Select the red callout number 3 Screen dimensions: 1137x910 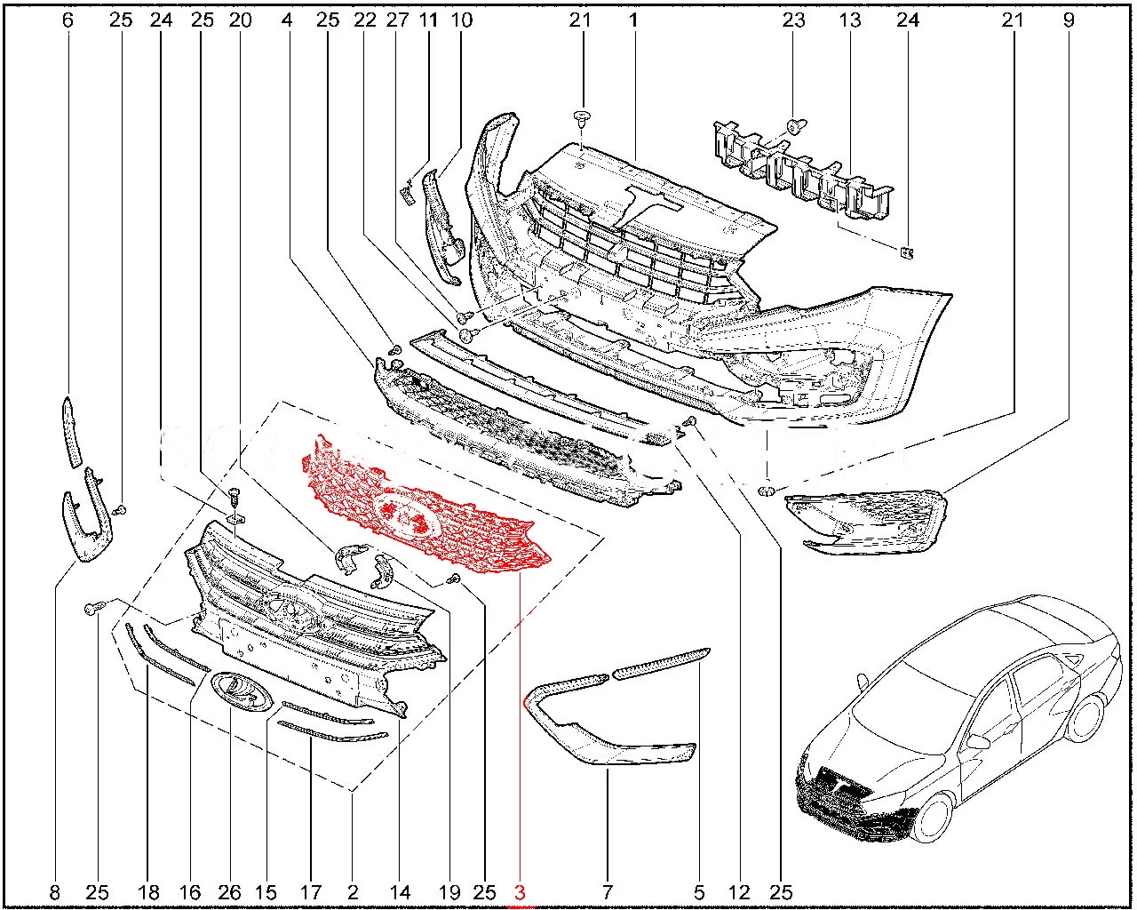point(520,892)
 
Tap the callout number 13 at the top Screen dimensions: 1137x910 point(850,20)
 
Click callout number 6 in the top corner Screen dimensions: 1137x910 point(68,20)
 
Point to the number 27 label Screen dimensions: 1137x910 point(397,20)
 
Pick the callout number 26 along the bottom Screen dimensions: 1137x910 point(229,892)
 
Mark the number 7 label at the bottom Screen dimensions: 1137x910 point(607,892)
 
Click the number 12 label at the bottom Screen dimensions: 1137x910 point(739,892)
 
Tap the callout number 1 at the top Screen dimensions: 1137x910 point(633,20)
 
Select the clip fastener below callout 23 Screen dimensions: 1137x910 point(796,127)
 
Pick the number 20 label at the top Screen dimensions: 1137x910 point(241,20)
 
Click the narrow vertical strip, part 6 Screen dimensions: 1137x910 point(72,432)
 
